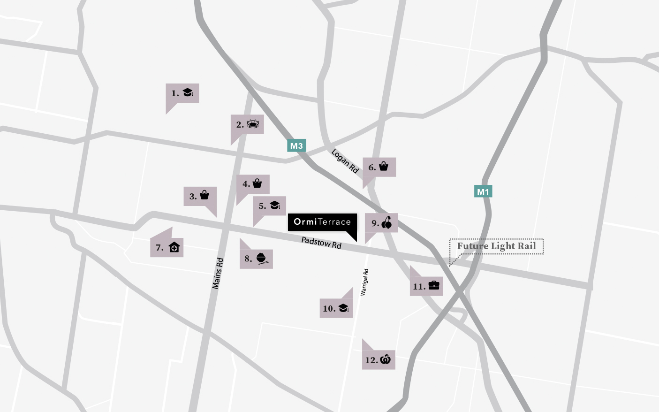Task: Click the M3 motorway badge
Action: [x=296, y=145]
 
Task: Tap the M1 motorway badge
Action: [x=483, y=191]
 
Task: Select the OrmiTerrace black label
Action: [x=322, y=222]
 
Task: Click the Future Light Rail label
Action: [x=496, y=246]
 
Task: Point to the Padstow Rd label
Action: [x=321, y=243]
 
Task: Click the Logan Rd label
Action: [x=345, y=161]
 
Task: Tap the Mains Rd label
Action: [x=218, y=273]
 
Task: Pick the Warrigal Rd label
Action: [x=364, y=282]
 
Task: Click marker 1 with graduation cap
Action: [x=182, y=93]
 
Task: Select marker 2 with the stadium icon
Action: [x=247, y=124]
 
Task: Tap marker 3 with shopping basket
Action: [x=200, y=196]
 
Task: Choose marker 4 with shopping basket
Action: [x=253, y=184]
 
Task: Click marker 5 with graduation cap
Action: [x=270, y=206]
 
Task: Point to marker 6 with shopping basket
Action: [x=379, y=167]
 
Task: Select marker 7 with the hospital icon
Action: [x=167, y=247]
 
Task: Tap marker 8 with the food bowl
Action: [x=256, y=259]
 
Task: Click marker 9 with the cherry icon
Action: [x=381, y=223]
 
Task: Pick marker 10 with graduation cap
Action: [x=336, y=308]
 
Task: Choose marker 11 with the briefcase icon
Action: [x=426, y=286]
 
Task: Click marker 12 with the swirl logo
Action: [x=379, y=360]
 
